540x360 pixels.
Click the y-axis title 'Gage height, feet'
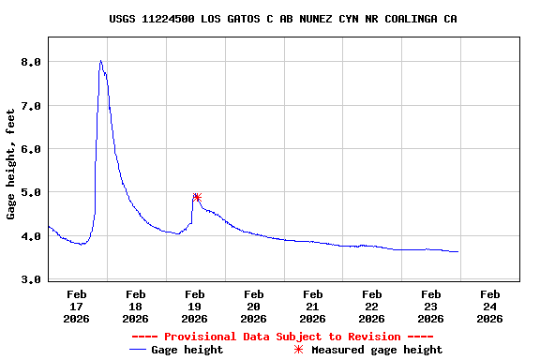[10, 164]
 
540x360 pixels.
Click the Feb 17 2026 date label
[77, 306]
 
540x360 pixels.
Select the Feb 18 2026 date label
[136, 306]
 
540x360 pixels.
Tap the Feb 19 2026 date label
[195, 306]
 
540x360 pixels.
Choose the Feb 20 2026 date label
[254, 306]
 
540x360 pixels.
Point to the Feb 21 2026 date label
[313, 306]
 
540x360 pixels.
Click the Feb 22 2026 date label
[372, 306]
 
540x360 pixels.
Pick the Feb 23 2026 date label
[431, 306]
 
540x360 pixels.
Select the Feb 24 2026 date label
[489, 306]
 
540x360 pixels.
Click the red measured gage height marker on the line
[197, 197]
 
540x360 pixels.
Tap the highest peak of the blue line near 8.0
[100, 61]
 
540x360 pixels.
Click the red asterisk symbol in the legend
[298, 350]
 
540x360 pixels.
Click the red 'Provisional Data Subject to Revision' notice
[282, 337]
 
